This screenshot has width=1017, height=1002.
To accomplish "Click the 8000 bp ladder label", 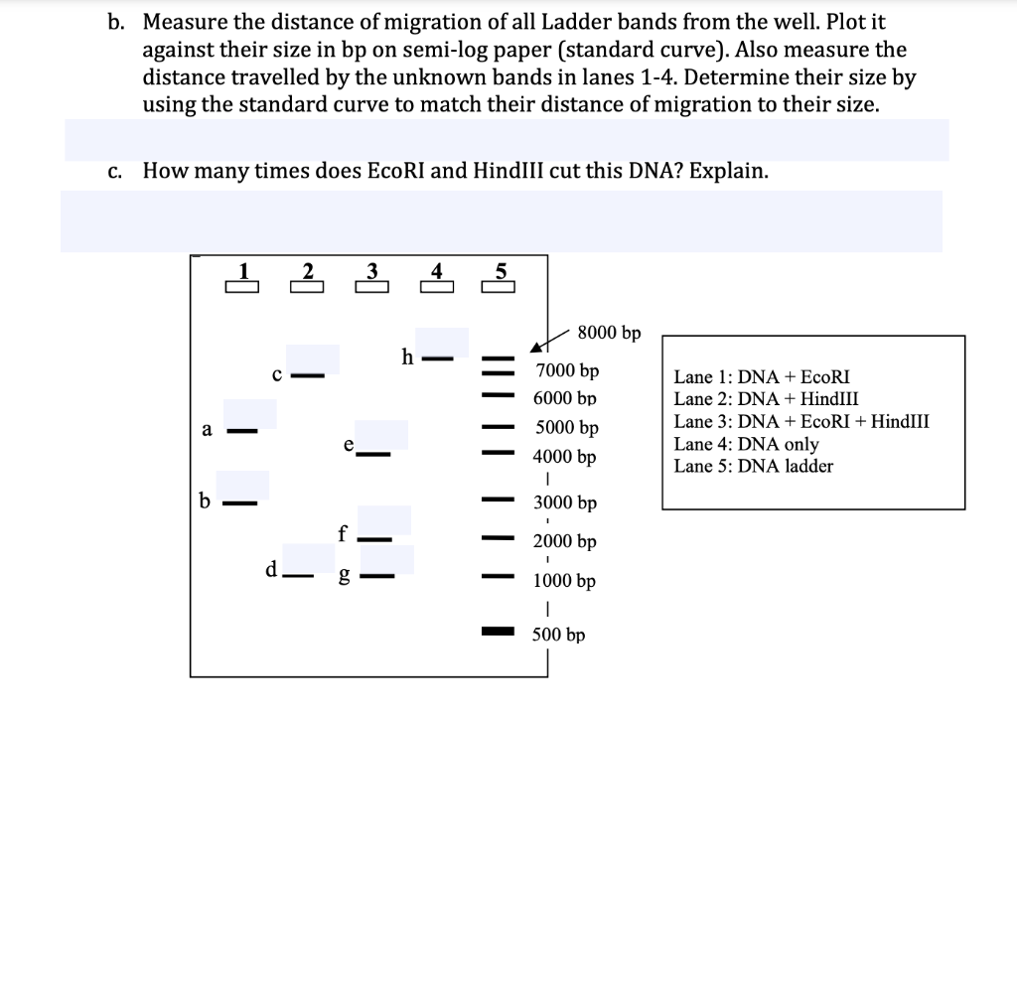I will (x=609, y=333).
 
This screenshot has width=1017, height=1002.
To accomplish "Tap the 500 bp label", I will (x=558, y=635).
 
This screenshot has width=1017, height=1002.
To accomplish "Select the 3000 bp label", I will (x=565, y=503).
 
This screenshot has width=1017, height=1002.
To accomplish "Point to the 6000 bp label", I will (x=566, y=398).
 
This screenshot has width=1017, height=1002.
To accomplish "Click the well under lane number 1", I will (x=241, y=288).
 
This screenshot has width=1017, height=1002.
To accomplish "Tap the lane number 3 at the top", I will (x=371, y=270).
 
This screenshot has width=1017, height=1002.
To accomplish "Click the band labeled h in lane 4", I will (x=438, y=358).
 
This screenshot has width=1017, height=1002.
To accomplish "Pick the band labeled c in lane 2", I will (x=308, y=376).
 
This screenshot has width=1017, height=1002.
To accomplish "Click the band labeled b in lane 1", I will (x=239, y=502).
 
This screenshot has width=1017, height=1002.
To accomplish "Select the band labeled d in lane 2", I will (x=296, y=575).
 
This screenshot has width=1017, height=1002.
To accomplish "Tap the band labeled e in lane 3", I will (x=373, y=455).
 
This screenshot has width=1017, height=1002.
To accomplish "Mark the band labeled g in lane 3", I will (x=377, y=575).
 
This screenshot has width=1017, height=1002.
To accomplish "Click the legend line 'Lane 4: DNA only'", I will (x=746, y=444).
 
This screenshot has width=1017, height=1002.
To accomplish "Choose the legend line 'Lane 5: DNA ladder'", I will (x=753, y=466).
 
